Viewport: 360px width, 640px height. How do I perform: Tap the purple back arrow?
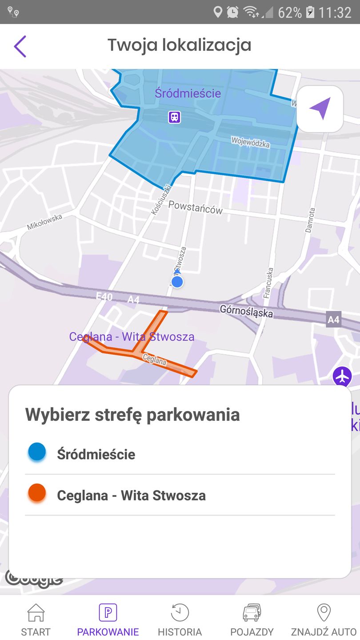20,46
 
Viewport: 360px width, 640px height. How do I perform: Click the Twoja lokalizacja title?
179,45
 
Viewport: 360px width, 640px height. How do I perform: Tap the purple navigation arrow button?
320,109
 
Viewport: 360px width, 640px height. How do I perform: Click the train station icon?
175,117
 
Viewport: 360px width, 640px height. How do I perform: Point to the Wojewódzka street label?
250,143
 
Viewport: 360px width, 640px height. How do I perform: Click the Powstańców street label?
196,207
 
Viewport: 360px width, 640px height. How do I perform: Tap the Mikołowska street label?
44,221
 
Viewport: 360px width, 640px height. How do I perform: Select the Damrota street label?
310,220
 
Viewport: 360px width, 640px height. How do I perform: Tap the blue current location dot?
177,282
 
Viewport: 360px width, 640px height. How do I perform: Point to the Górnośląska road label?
246,311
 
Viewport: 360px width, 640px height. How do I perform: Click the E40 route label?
104,296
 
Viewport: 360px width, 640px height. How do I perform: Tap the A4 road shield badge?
333,319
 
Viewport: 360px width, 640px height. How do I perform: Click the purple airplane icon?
342,376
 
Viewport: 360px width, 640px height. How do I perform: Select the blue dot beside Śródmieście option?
37,452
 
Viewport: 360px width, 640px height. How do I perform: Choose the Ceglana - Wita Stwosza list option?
131,495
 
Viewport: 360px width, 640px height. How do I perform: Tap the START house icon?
36,613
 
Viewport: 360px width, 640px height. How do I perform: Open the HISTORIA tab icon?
180,613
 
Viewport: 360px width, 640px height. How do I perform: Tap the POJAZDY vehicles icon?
252,613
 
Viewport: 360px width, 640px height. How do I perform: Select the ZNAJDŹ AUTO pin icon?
324,613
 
